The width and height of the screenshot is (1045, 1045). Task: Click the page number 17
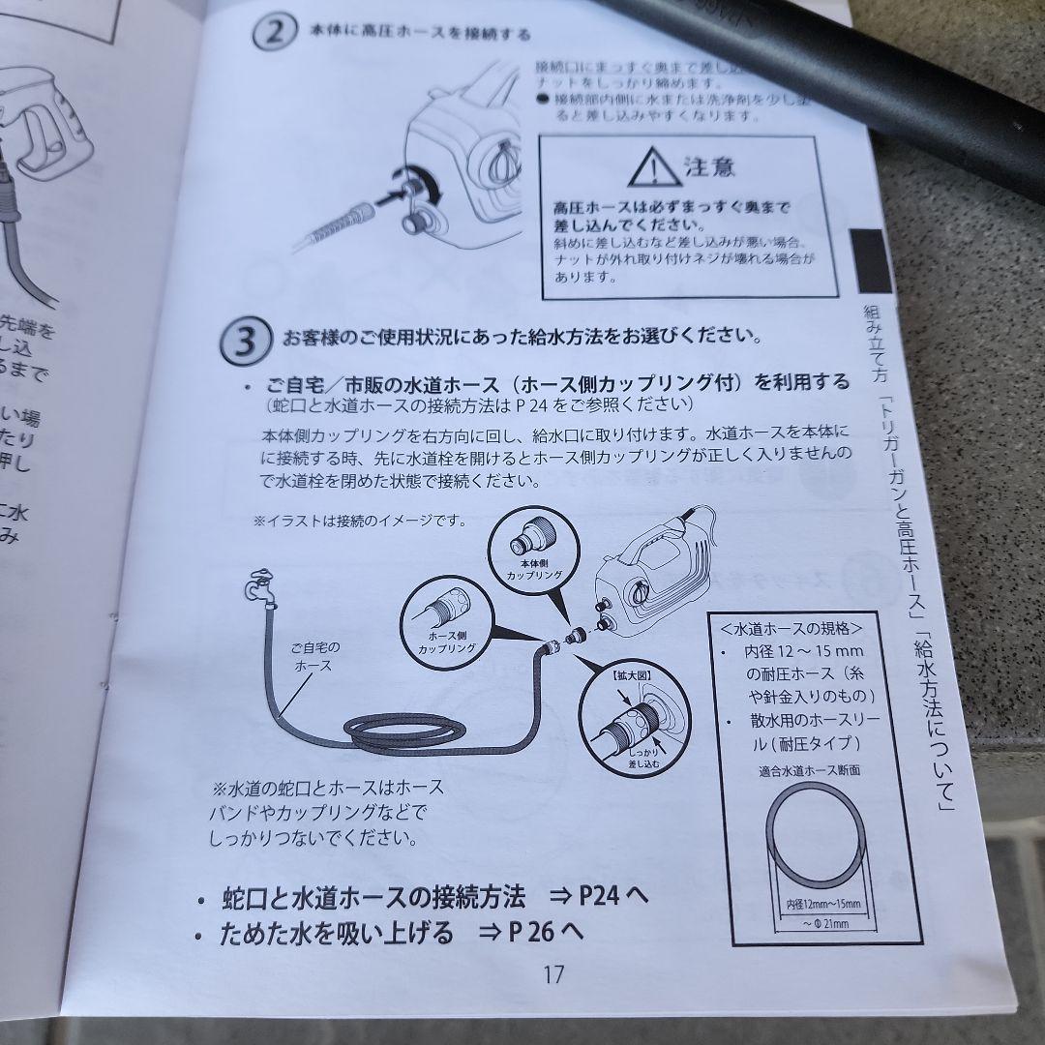tap(553, 974)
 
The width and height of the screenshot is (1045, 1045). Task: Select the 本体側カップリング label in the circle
tap(527, 568)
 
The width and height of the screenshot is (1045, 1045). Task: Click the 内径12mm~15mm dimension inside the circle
tap(817, 904)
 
